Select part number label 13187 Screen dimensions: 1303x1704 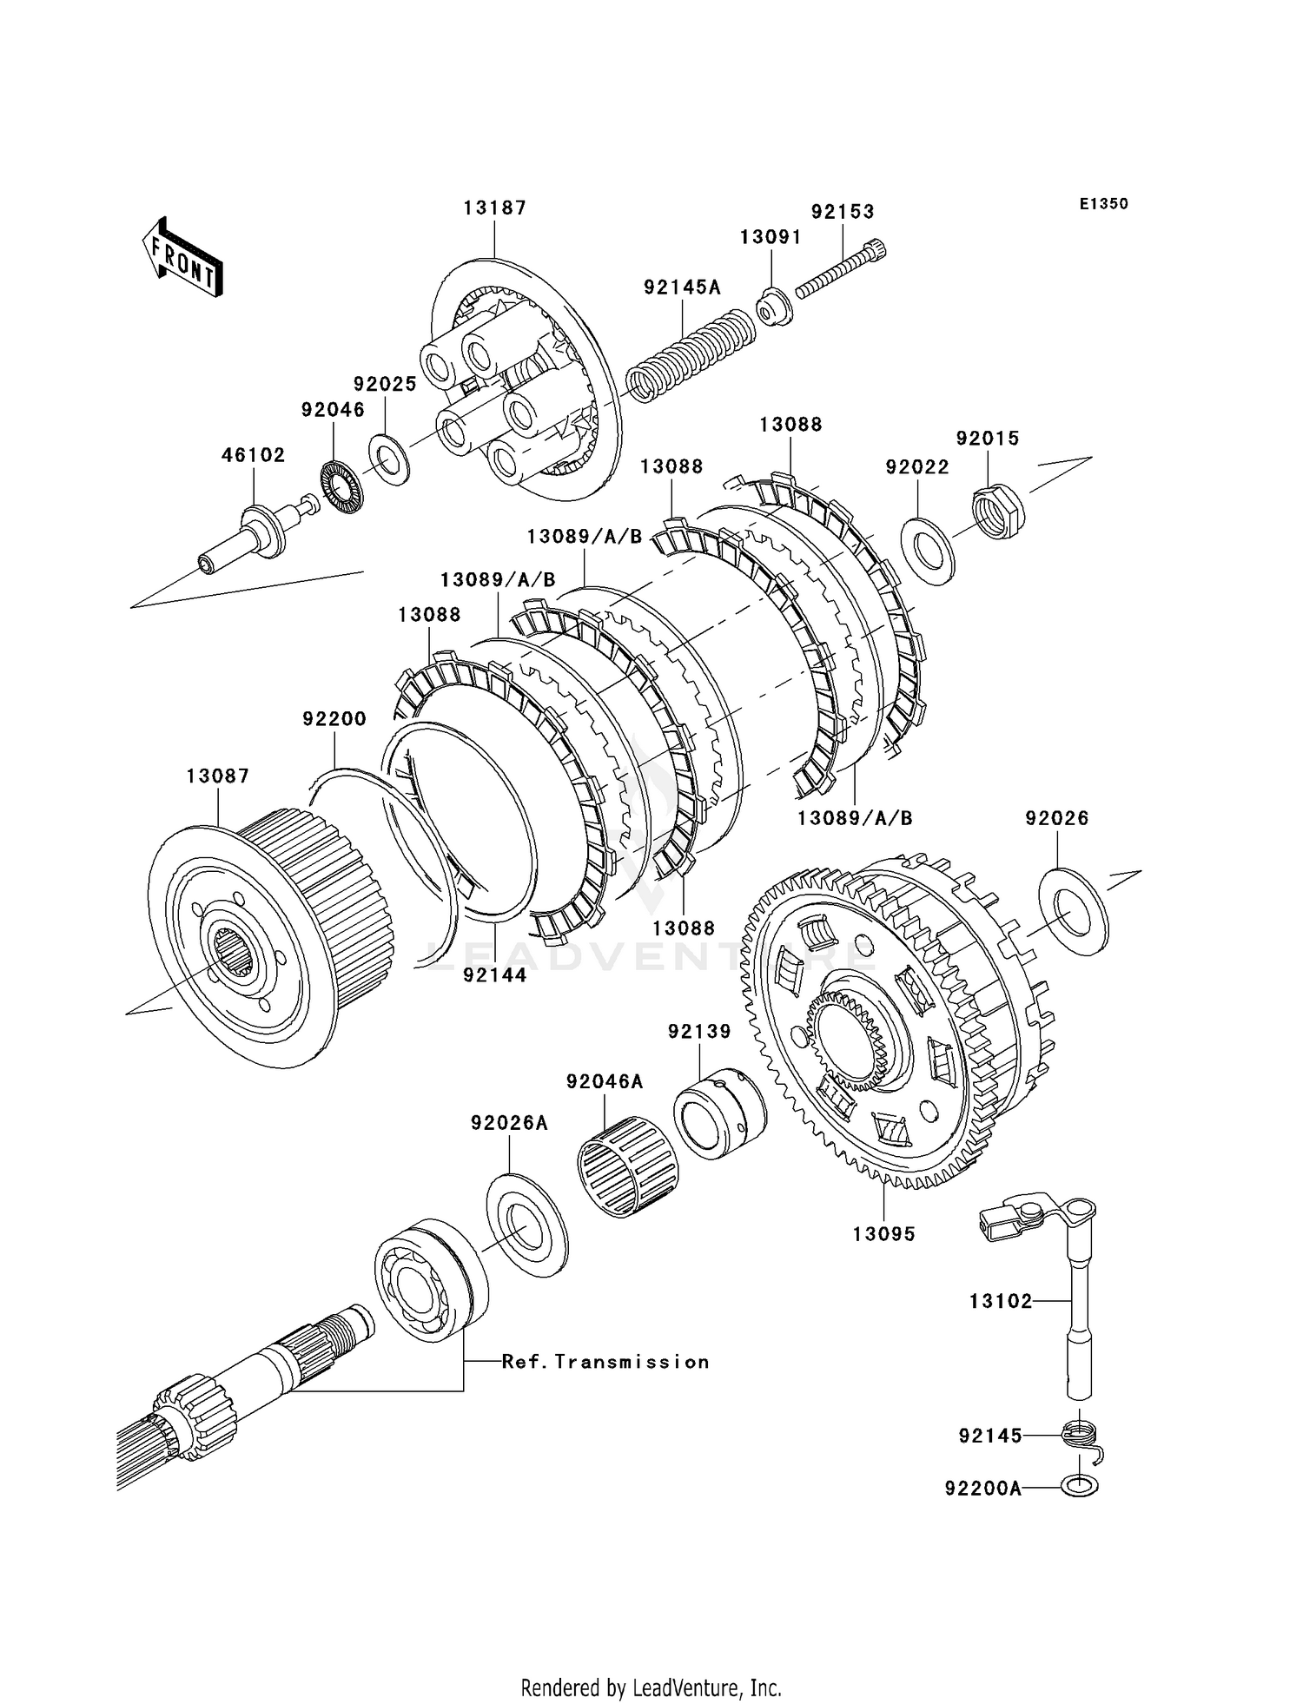[x=495, y=208]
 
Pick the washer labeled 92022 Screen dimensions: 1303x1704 [x=929, y=551]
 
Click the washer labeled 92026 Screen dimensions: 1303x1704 [x=1074, y=911]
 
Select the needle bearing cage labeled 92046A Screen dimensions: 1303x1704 [x=629, y=1165]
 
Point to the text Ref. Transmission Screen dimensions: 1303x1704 [x=605, y=1362]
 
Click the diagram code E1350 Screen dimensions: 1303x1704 [x=1104, y=203]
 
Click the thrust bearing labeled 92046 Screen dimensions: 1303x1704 [x=341, y=487]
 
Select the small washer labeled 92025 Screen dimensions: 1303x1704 [x=389, y=459]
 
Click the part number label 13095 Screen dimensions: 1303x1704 [x=883, y=1233]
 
